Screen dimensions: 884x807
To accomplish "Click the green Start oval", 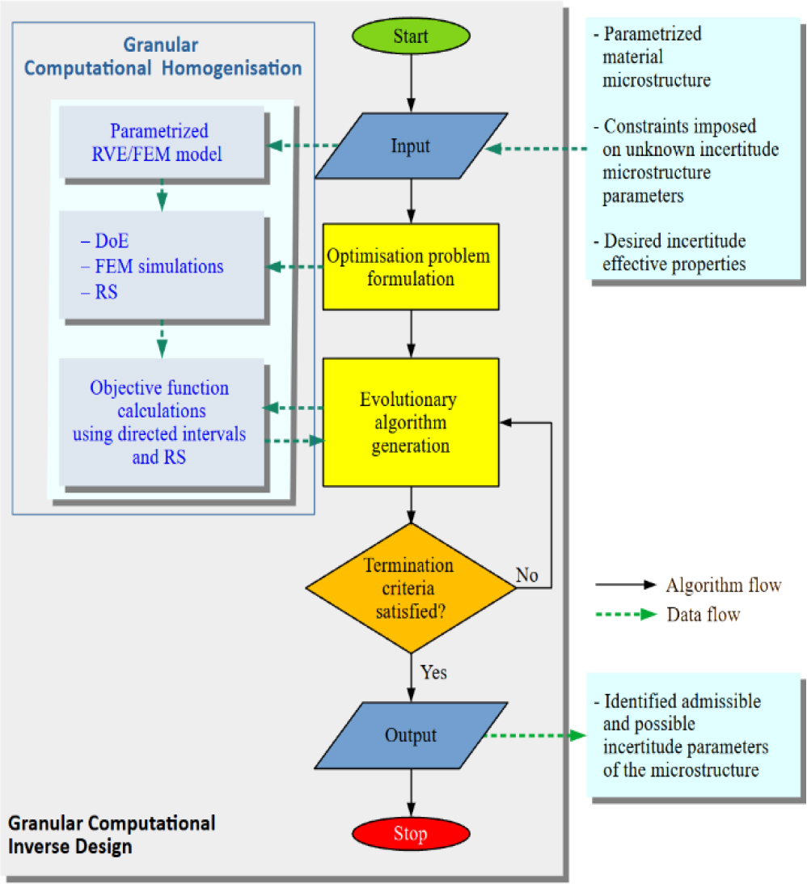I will pyautogui.click(x=411, y=36).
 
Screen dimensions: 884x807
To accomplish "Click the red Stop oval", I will pyautogui.click(x=411, y=834).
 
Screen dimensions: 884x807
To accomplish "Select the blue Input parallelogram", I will pyautogui.click(x=411, y=146).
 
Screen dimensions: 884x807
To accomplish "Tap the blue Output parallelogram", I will pyautogui.click(x=411, y=736).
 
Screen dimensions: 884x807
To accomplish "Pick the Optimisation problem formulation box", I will pyautogui.click(x=411, y=267).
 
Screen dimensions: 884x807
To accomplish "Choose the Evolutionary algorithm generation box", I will pyautogui.click(x=411, y=422).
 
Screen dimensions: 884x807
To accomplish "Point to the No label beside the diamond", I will pyautogui.click(x=526, y=576).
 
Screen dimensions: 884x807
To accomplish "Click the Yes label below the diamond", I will pyautogui.click(x=433, y=672).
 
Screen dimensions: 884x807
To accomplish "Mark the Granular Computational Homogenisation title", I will pyautogui.click(x=162, y=57).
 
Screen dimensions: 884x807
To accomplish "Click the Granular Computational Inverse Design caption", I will pyautogui.click(x=112, y=835).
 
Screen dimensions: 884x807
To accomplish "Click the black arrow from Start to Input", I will pyautogui.click(x=412, y=82).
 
